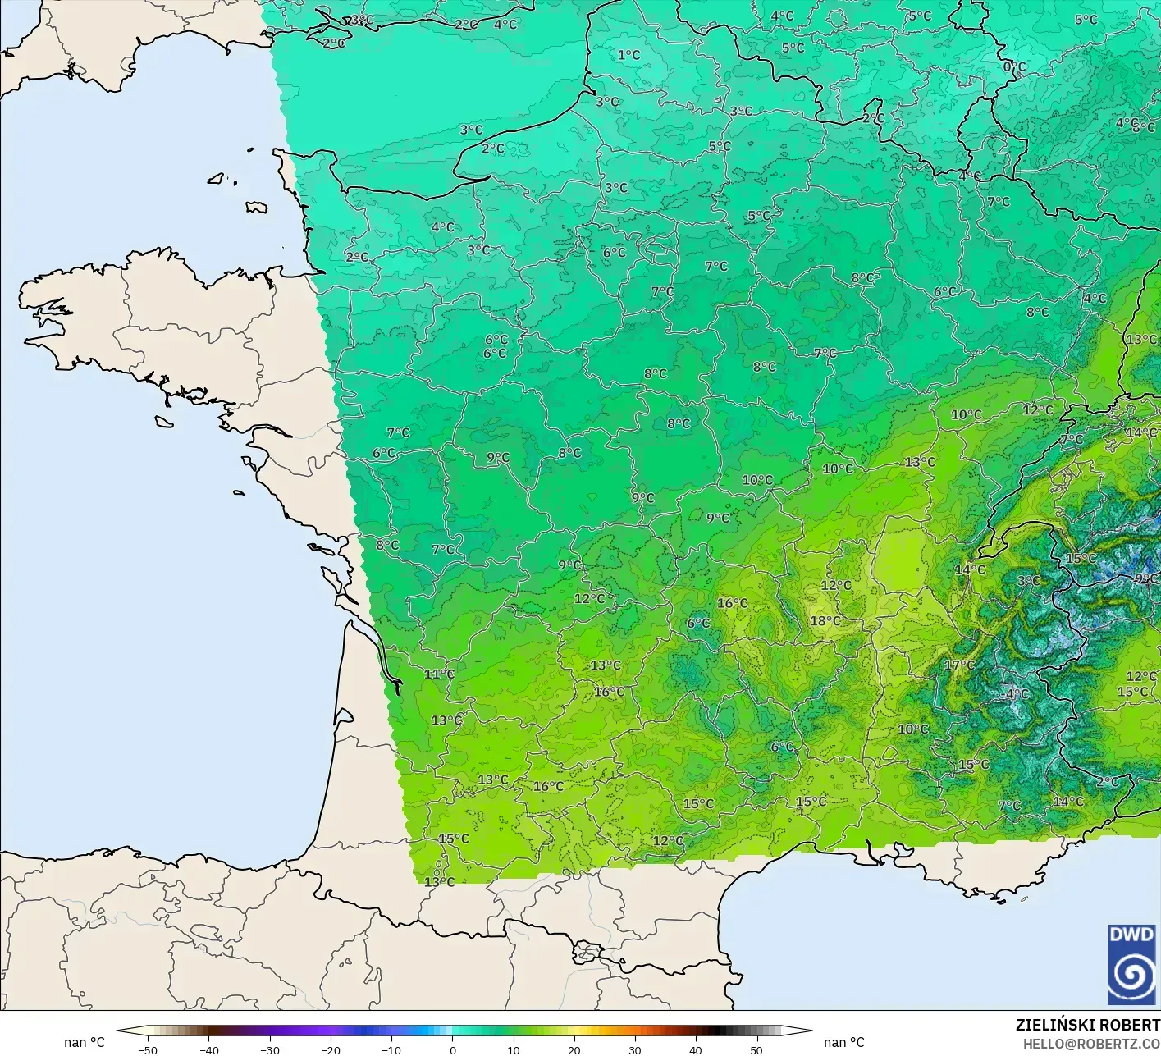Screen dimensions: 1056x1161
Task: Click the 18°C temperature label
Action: click(825, 621)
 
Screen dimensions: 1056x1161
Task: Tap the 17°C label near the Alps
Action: click(959, 665)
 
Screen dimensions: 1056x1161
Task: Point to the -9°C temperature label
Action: click(1145, 578)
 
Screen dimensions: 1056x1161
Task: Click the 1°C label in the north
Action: click(628, 55)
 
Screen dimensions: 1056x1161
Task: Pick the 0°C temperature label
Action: click(1014, 67)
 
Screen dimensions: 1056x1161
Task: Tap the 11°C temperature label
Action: click(439, 674)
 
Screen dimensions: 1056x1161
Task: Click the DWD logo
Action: click(1131, 964)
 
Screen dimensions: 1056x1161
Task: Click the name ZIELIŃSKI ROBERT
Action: click(1087, 1025)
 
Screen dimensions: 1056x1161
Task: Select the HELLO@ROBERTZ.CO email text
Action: click(1091, 1043)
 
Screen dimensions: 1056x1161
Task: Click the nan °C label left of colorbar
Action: click(85, 1042)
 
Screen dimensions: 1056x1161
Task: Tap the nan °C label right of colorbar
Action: click(844, 1042)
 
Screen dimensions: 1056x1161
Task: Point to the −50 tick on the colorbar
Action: click(148, 1050)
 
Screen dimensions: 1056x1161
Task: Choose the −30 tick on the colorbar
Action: click(269, 1050)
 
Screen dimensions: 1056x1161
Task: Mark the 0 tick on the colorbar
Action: click(452, 1050)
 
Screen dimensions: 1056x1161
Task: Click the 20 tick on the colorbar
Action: click(574, 1050)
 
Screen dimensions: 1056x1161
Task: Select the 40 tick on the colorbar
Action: click(695, 1050)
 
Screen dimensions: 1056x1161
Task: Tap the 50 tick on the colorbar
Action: click(756, 1050)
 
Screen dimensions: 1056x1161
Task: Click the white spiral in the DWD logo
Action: click(1131, 976)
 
